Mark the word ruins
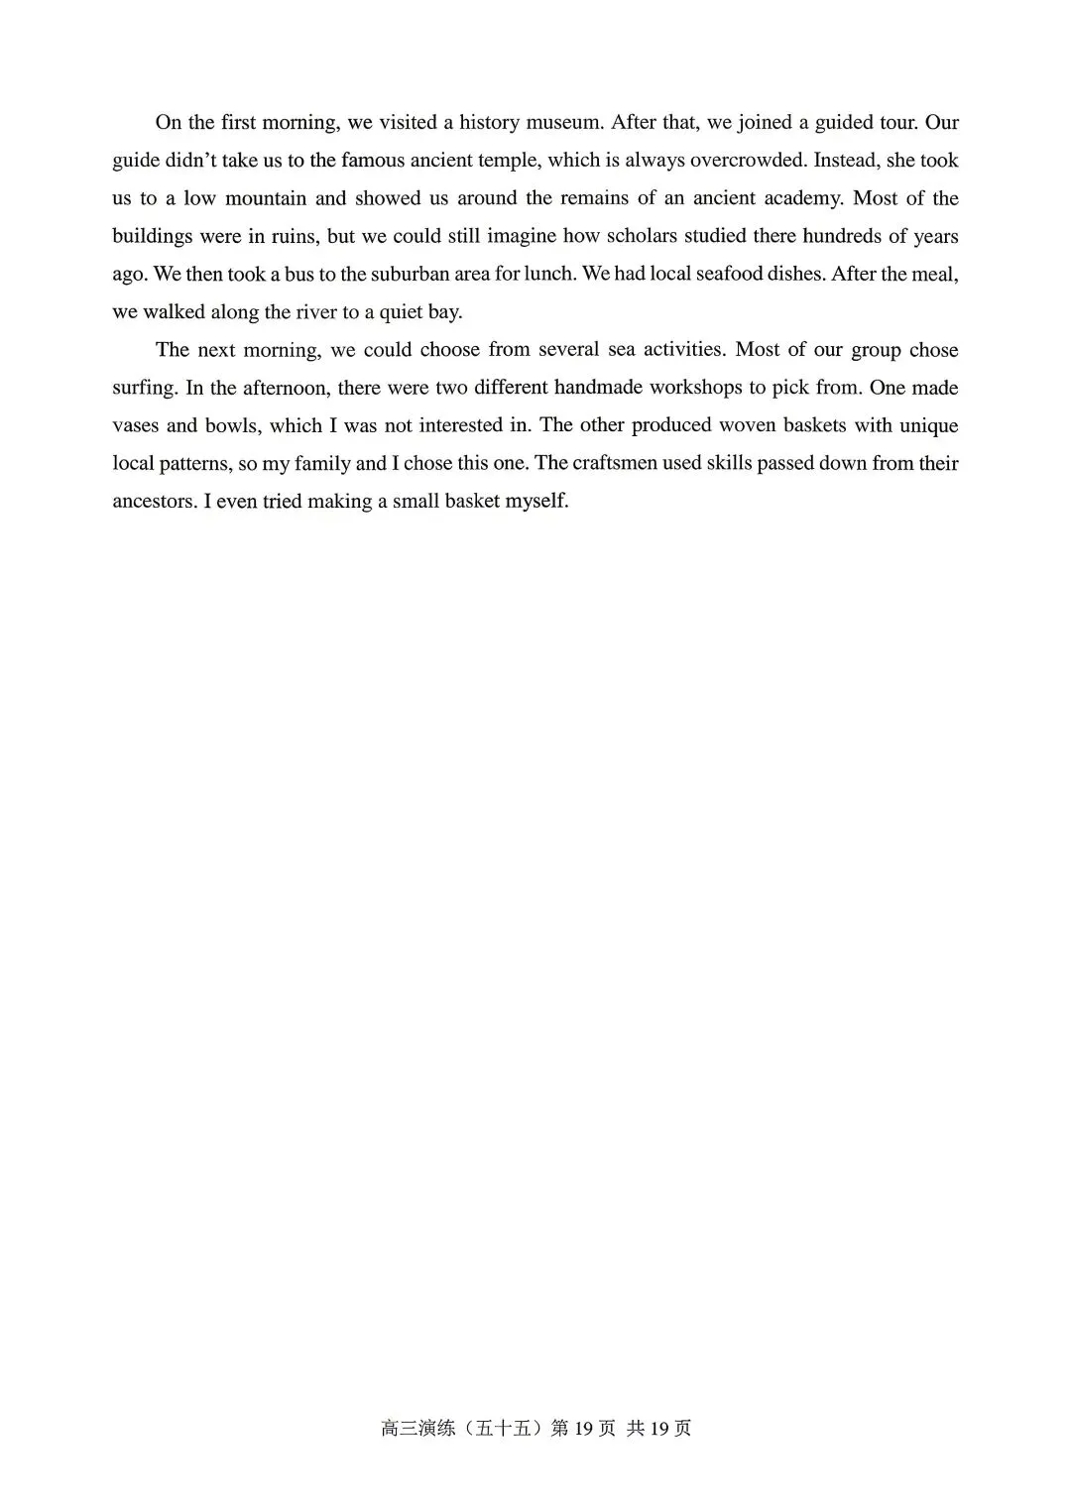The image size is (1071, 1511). tap(288, 236)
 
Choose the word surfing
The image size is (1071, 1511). tap(143, 388)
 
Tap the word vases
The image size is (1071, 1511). tap(135, 425)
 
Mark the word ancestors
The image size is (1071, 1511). tap(153, 501)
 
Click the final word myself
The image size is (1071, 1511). tap(536, 501)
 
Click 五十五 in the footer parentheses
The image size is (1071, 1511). tap(506, 1429)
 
